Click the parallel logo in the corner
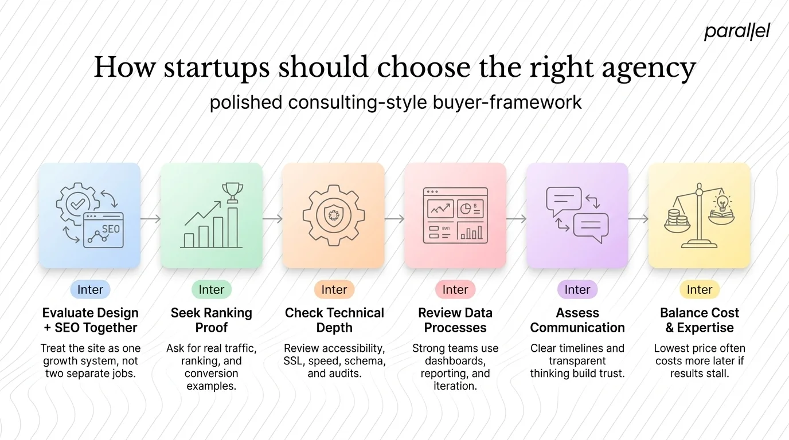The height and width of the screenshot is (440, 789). pyautogui.click(x=736, y=32)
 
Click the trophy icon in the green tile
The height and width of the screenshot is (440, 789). pyautogui.click(x=233, y=192)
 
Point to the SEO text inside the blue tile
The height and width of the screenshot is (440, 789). pyautogui.click(x=111, y=229)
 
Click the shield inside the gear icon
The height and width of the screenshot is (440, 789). pyautogui.click(x=333, y=216)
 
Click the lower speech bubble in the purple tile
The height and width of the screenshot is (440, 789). pyautogui.click(x=591, y=225)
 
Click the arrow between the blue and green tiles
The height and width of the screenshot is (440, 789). pyautogui.click(x=150, y=219)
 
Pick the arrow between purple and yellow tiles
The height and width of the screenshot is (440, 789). pyautogui.click(x=638, y=219)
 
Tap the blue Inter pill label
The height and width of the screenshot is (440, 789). pyautogui.click(x=90, y=290)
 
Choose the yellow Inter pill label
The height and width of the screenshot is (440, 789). pyautogui.click(x=700, y=290)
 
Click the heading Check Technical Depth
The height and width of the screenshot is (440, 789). pyautogui.click(x=334, y=320)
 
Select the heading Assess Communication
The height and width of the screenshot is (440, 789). pyautogui.click(x=577, y=320)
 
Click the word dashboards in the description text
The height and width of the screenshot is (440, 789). pyautogui.click(x=455, y=361)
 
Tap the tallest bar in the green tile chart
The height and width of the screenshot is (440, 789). pyautogui.click(x=233, y=227)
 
